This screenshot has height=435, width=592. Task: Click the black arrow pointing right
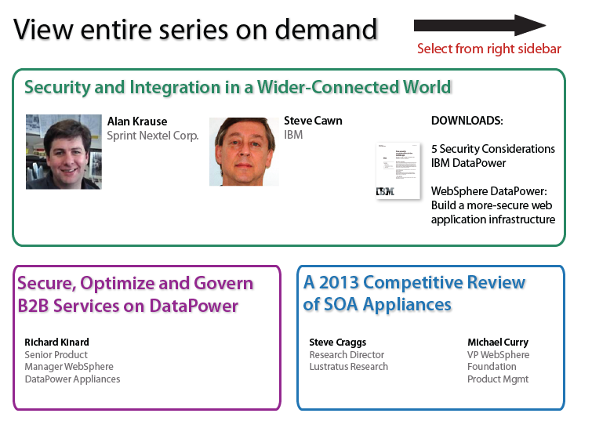[480, 25]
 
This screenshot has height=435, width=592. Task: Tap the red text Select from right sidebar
[489, 49]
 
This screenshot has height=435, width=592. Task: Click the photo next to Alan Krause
[64, 152]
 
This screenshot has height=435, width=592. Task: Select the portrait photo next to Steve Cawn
[244, 152]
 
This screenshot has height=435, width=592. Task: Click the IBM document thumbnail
[398, 171]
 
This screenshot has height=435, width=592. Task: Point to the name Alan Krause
[137, 121]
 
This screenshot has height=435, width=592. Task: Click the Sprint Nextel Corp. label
[153, 136]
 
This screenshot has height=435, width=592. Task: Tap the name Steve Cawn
[313, 121]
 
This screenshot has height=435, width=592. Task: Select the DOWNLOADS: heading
[467, 121]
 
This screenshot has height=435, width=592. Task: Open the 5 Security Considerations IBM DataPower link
[492, 156]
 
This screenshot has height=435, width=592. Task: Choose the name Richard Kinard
[56, 343]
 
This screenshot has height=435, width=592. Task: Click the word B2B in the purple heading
[33, 306]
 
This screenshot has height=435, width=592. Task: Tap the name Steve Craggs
[337, 343]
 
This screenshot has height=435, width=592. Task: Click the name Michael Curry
[498, 343]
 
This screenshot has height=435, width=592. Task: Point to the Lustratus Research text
[348, 367]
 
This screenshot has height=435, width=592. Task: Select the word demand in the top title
[326, 29]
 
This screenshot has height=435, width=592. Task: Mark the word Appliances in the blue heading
[407, 305]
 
